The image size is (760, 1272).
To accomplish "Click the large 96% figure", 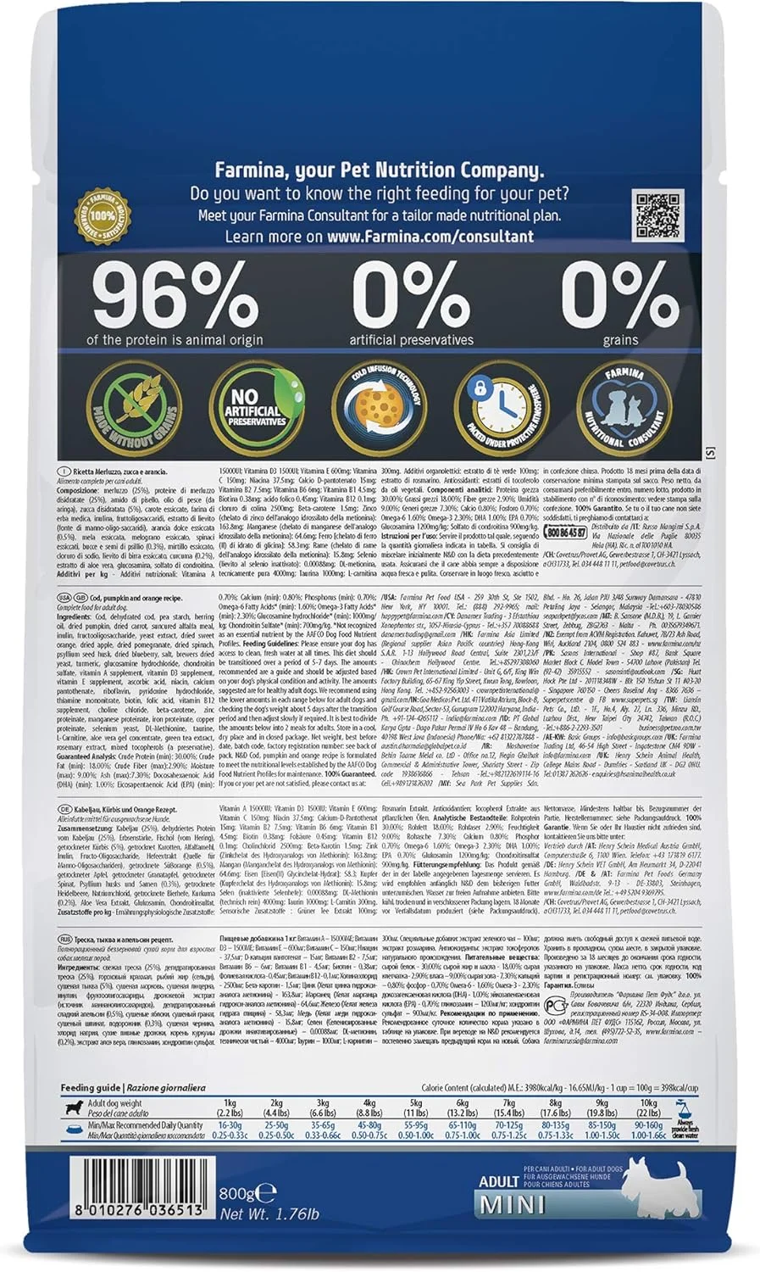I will [x=175, y=295].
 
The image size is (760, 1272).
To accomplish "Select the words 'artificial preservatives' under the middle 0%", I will [x=411, y=340].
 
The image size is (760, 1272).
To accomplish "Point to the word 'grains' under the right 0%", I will [x=620, y=340].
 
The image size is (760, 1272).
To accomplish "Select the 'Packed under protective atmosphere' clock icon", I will [x=497, y=405].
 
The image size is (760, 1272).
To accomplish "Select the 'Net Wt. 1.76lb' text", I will [x=269, y=1213].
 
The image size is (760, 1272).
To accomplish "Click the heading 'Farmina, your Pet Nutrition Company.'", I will [x=379, y=170].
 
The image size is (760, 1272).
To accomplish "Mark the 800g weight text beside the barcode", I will [x=236, y=1194].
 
